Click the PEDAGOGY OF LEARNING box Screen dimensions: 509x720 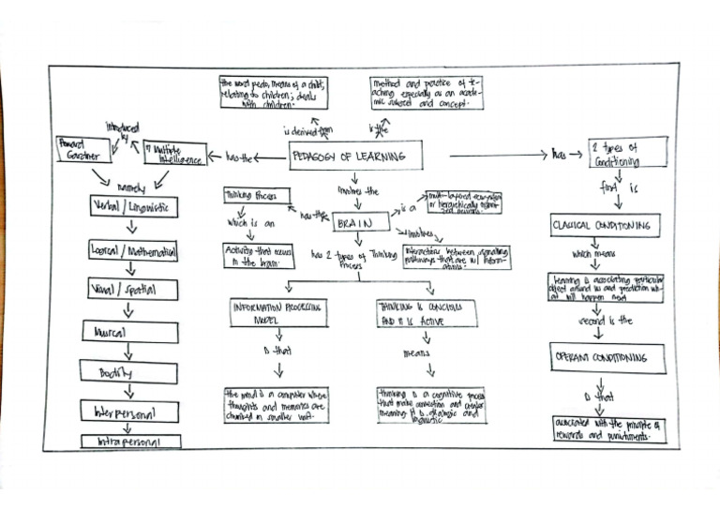355,156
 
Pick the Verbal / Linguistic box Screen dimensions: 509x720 133,206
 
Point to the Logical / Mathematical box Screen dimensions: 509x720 134,250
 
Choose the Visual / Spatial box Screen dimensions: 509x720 133,290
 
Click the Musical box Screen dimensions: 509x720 130,333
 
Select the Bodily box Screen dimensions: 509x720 130,372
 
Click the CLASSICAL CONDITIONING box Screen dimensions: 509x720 605,226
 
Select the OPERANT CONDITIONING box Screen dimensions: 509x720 607,357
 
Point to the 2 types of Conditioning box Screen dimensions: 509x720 627,153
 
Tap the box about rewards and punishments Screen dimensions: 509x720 607,429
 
